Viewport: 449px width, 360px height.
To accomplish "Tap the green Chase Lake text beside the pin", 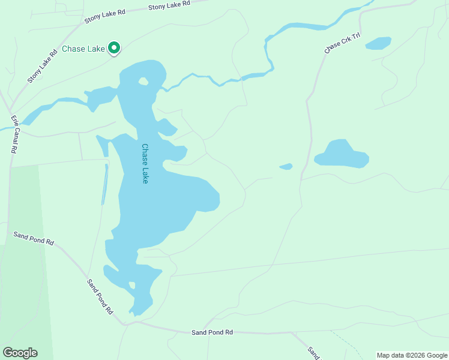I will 83,49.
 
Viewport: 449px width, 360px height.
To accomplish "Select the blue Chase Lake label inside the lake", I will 145,163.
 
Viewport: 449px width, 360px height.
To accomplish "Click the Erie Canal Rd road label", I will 13,135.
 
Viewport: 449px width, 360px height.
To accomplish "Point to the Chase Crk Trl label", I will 342,43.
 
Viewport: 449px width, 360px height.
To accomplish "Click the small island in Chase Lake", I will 143,81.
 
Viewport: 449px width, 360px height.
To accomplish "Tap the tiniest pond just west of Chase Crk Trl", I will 286,166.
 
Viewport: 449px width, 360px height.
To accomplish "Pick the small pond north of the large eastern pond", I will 378,43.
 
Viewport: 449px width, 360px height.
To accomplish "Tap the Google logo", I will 20,352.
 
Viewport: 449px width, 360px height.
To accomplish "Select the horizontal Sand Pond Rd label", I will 212,332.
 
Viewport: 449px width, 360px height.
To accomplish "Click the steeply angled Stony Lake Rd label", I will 42,65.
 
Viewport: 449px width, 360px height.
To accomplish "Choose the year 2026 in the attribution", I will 417,355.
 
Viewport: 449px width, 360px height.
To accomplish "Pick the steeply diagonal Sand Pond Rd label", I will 100,297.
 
